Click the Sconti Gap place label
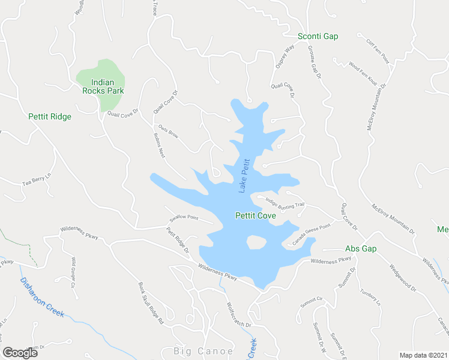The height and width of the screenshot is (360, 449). tap(318, 37)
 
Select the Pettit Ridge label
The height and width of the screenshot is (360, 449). tap(50, 116)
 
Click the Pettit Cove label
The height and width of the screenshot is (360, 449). tap(255, 215)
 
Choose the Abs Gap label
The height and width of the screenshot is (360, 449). tap(360, 248)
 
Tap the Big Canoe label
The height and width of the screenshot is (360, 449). tap(194, 350)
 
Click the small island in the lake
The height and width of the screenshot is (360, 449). tap(256, 242)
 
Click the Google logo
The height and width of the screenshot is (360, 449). tap(20, 353)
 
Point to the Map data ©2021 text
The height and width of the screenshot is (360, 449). tap(423, 355)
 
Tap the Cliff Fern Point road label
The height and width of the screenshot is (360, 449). tap(378, 51)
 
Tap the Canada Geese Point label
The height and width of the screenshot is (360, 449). tap(312, 234)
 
